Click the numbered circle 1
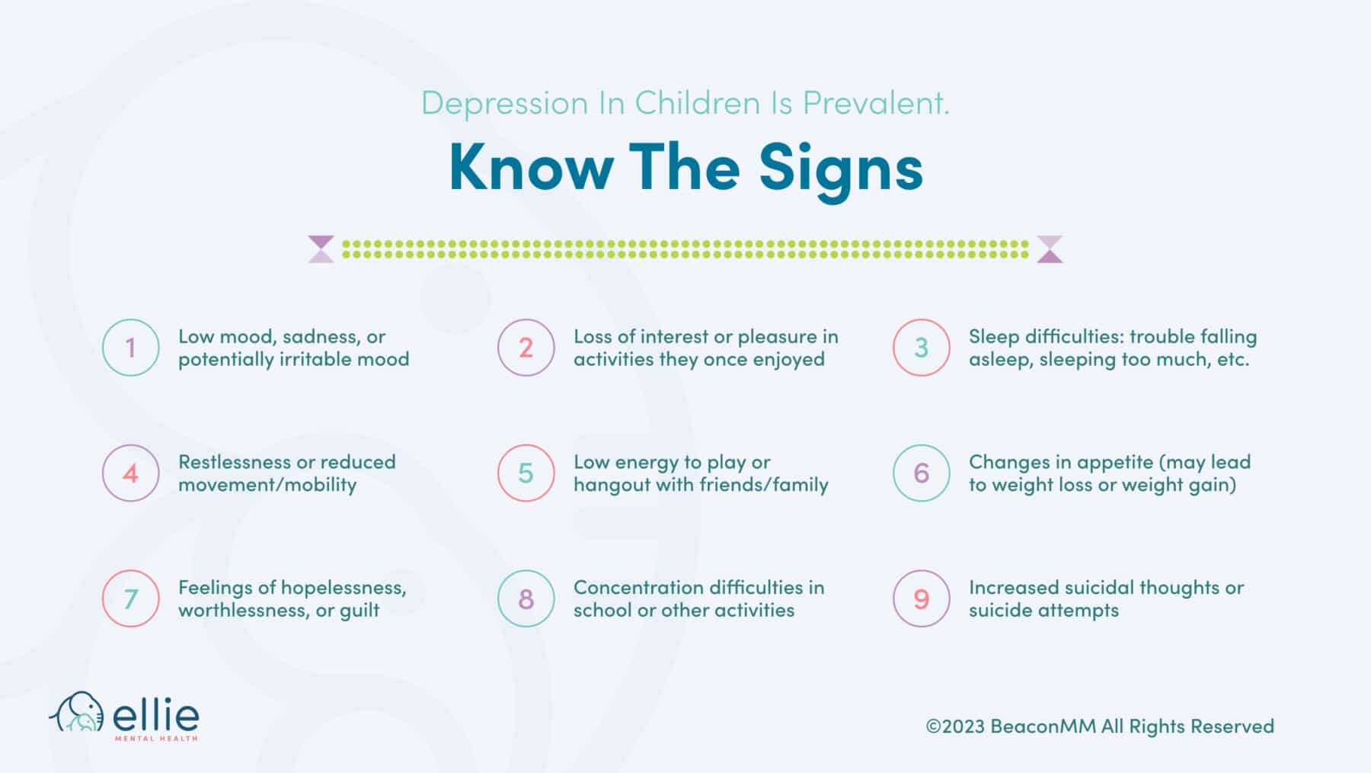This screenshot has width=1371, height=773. coord(130,348)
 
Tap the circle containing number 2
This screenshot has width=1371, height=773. coord(526,348)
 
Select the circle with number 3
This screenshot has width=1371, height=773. coord(921,348)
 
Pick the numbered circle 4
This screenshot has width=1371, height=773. coord(130,473)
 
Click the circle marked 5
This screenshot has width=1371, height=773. coord(526,473)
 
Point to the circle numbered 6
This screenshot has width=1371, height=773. coord(921,473)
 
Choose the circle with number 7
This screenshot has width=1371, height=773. coord(130,598)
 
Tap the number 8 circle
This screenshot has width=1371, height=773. coord(526,598)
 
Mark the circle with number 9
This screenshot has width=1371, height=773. coord(921,598)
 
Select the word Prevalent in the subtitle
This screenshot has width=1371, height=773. coord(876,103)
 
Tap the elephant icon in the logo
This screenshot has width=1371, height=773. coord(77,712)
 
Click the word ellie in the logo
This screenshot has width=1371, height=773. coord(156,715)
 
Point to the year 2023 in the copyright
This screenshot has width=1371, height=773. coord(964,726)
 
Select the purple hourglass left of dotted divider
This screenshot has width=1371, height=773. coord(321,249)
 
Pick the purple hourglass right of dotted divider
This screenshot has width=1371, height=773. coord(1050,249)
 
